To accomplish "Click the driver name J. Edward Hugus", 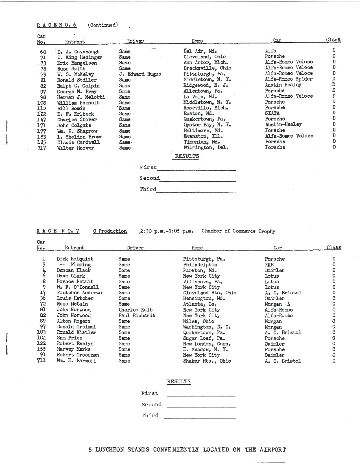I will coord(140,74).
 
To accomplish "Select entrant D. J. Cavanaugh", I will coord(78,52).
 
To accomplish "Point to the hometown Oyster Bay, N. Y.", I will coord(207,125).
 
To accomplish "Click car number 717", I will coord(42,148).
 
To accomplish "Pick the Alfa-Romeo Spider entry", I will coord(289,79).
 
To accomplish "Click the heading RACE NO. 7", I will coord(58,231).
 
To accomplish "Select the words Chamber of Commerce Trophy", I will coord(238,231).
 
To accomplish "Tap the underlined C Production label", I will coord(110,231).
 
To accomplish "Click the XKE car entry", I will coord(269,265).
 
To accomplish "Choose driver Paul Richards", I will coord(137,315).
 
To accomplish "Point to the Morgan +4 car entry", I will coord(278,304).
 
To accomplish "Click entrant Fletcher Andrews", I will coord(79,293).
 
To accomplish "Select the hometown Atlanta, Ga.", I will coord(200,304).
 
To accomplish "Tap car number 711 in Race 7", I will coord(41,361).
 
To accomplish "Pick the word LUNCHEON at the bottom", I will coord(110,450).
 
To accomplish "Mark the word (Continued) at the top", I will coord(103,25).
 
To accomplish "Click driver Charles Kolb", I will coord(136,310).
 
